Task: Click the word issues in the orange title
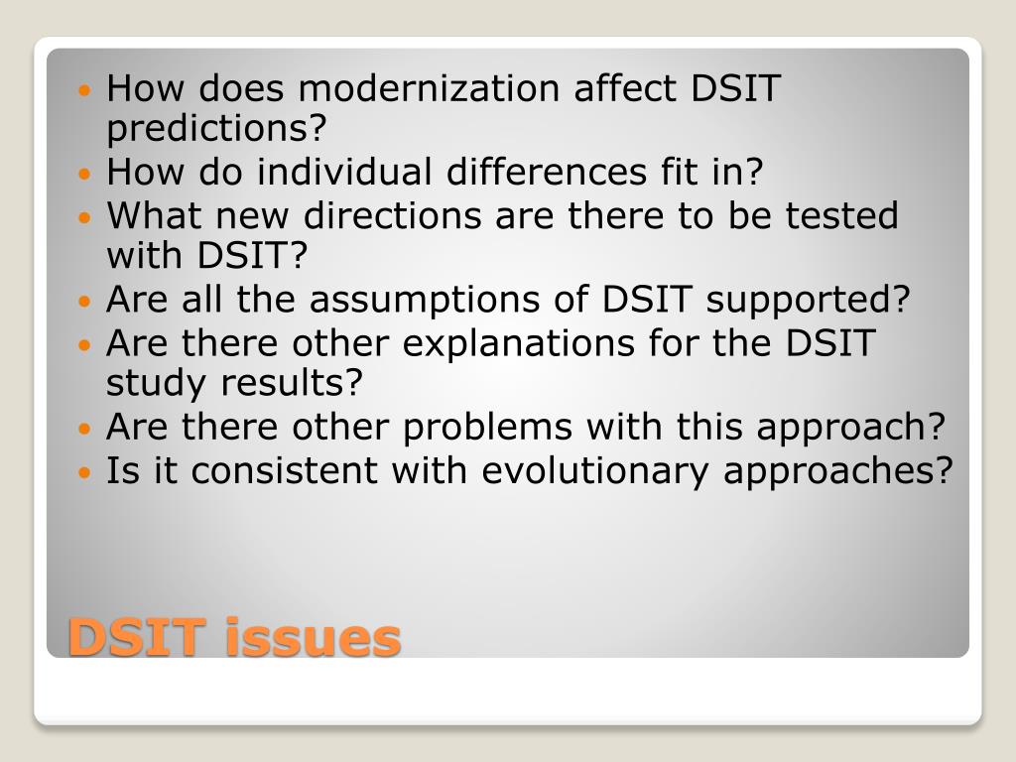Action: [313, 637]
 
